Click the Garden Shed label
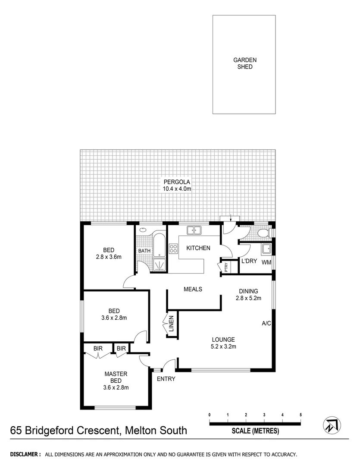point(244,64)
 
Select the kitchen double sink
point(194,230)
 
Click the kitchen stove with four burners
point(173,249)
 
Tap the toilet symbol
point(263,233)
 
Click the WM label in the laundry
point(266,262)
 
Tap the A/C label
point(266,324)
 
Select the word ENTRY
point(166,379)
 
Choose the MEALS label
point(193,289)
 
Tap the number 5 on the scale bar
point(301,415)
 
